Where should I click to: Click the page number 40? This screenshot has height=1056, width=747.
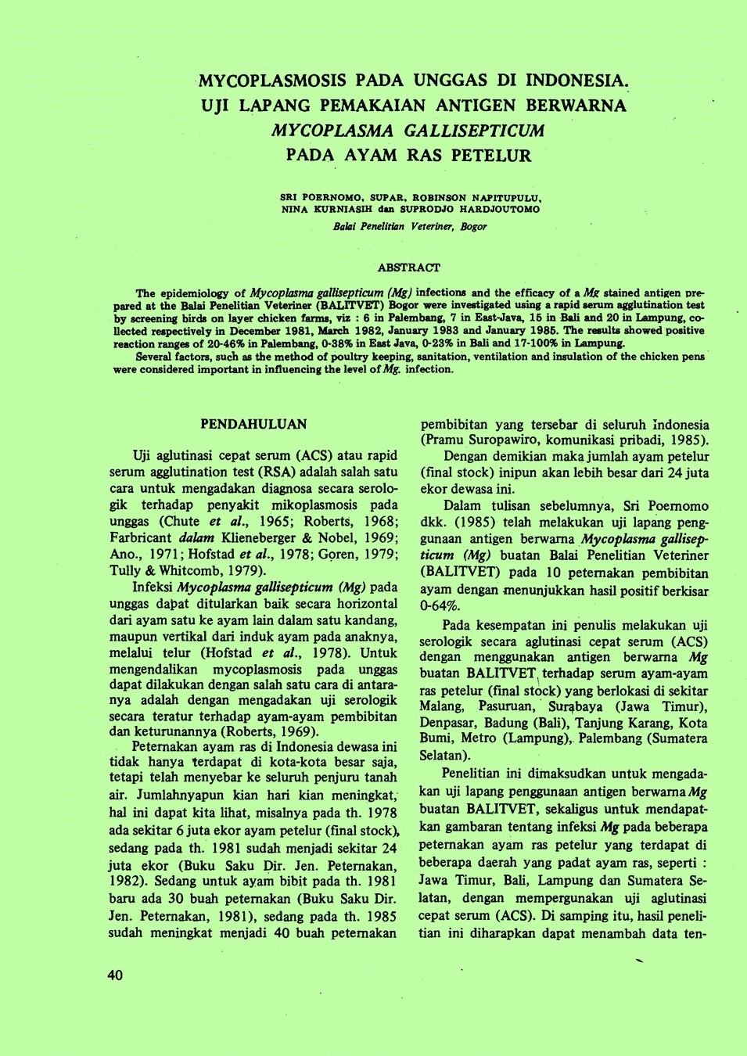[115, 975]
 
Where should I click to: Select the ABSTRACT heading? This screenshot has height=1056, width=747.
[408, 268]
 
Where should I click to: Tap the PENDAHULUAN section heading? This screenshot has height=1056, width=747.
[253, 424]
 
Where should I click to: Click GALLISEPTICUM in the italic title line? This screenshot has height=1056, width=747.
[474, 131]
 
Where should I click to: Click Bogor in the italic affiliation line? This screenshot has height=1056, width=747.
[473, 227]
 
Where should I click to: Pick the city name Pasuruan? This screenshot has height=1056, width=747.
[506, 706]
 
